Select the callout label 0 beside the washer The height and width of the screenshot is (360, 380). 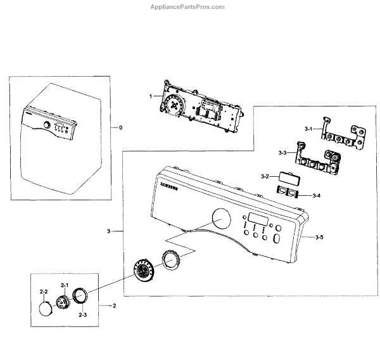(x=120, y=127)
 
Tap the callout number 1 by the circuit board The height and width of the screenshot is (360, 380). (x=150, y=96)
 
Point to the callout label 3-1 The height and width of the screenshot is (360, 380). (x=308, y=129)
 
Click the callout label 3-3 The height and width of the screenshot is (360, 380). (x=282, y=153)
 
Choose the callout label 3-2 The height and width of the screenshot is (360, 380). (x=266, y=176)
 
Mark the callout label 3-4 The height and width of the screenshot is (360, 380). (x=316, y=195)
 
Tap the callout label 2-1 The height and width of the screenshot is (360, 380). (x=64, y=285)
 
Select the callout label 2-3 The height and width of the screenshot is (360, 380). (x=82, y=314)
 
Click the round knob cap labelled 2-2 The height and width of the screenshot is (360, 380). (x=45, y=309)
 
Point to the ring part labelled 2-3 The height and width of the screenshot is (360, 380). (x=82, y=296)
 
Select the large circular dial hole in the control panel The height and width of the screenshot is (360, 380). (x=220, y=220)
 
